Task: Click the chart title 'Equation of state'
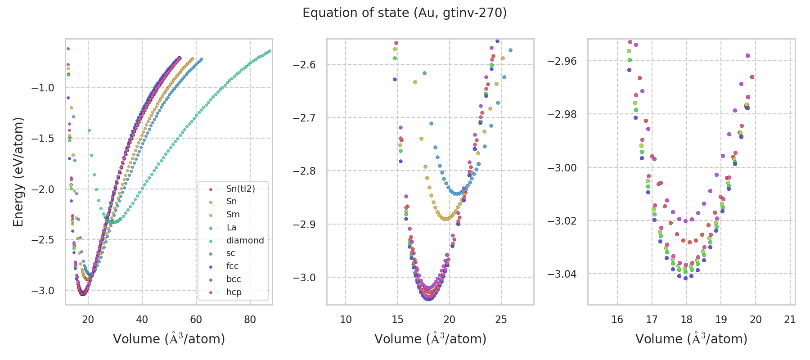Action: pos(405,13)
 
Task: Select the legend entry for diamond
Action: pos(245,240)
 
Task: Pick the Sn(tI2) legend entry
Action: pos(240,189)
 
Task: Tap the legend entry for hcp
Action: pos(234,292)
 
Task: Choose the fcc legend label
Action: pos(232,266)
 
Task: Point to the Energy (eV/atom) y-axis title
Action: pos(18,172)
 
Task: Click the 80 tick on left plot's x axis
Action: pos(250,319)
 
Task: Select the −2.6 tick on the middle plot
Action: pos(304,65)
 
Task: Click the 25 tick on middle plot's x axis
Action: pos(501,319)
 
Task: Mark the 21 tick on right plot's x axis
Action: pos(790,319)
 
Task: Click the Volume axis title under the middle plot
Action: pos(430,339)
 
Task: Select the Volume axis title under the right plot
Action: pos(691,339)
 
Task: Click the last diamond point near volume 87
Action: pos(270,51)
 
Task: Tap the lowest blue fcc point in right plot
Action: pos(686,278)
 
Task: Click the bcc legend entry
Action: pos(234,279)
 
